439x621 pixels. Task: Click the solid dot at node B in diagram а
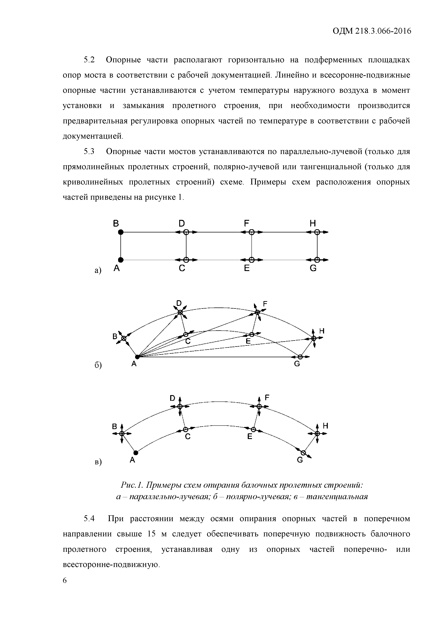tap(121, 232)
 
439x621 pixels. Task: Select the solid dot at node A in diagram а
tap(121, 260)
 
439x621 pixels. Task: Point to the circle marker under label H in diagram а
tap(317, 232)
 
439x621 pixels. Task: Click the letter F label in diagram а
tap(246, 223)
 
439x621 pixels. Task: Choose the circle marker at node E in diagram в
tap(253, 429)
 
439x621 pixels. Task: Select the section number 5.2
tap(89, 60)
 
